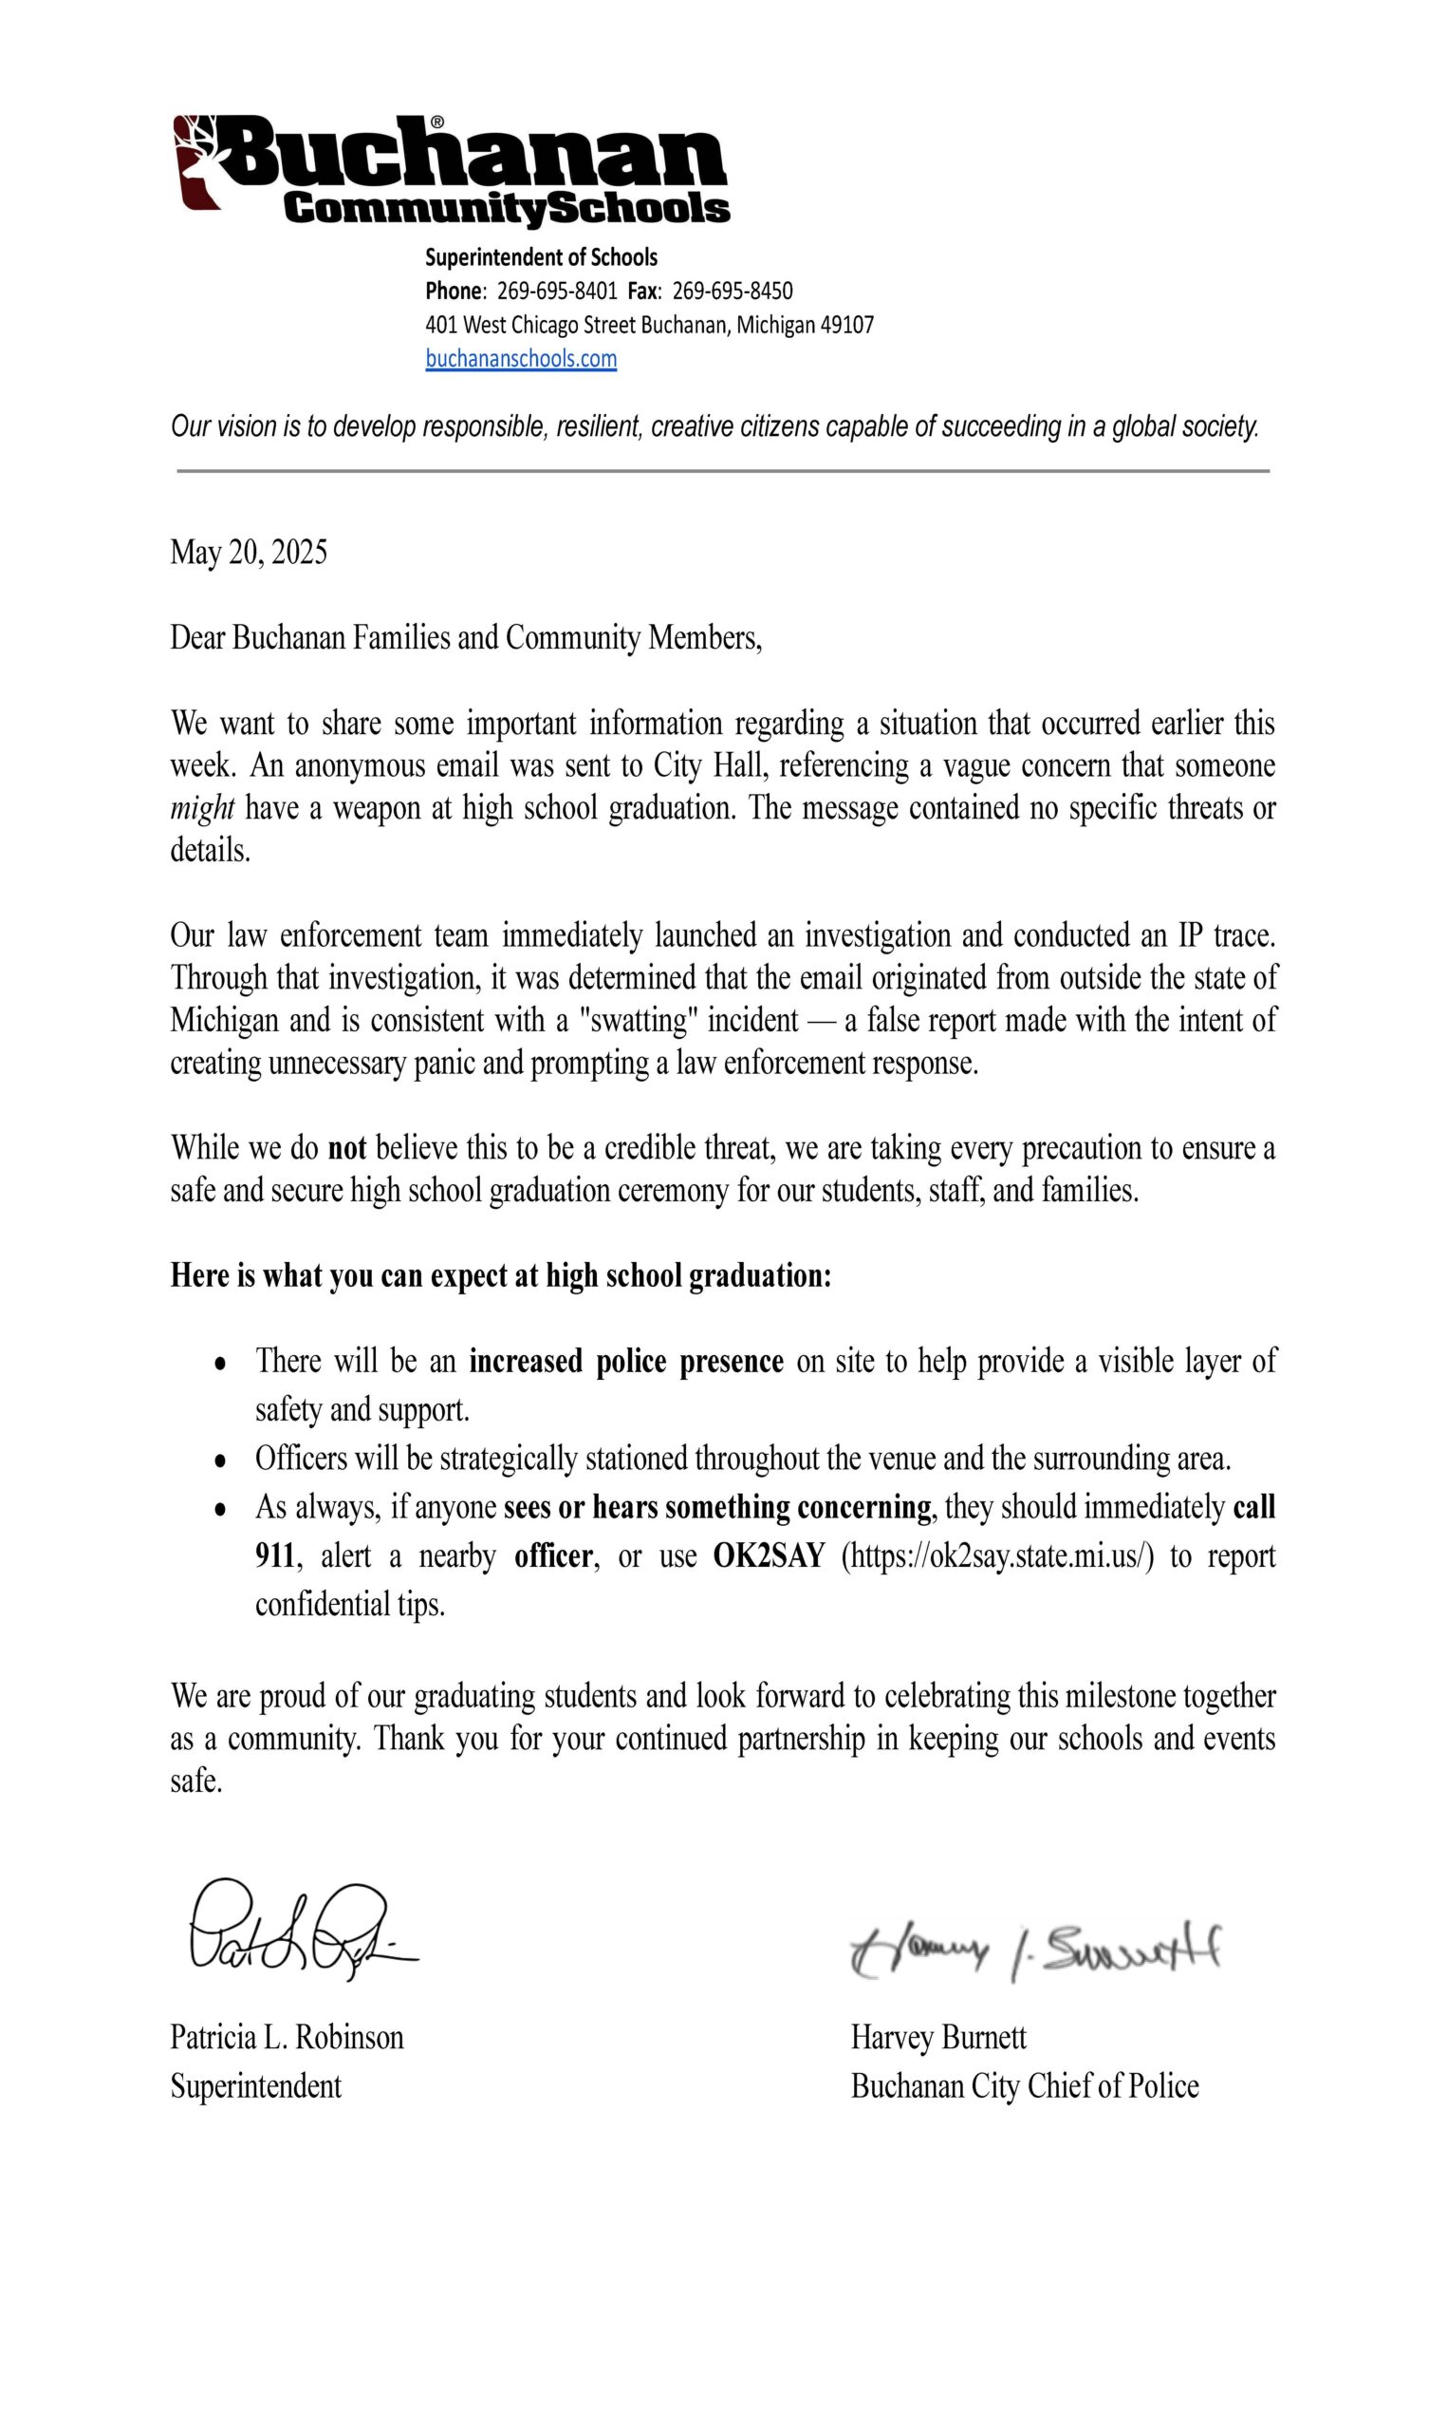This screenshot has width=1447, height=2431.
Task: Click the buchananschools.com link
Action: pyautogui.click(x=521, y=359)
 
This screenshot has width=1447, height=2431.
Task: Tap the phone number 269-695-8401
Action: pyautogui.click(x=557, y=291)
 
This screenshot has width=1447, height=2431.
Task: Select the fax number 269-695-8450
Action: pyautogui.click(x=733, y=291)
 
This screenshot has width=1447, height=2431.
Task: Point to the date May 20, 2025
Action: pyautogui.click(x=249, y=552)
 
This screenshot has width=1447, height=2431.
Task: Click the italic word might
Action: pyautogui.click(x=202, y=808)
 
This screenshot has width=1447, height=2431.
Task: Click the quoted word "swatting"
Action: pyautogui.click(x=638, y=1021)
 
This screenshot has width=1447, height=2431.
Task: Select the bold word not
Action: pyautogui.click(x=347, y=1147)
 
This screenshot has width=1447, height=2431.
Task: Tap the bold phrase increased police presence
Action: pyautogui.click(x=626, y=1361)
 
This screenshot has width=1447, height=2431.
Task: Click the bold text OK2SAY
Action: pyautogui.click(x=770, y=1555)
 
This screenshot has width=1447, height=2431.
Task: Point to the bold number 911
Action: pyautogui.click(x=275, y=1555)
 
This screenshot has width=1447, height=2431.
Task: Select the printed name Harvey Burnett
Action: pyautogui.click(x=938, y=2037)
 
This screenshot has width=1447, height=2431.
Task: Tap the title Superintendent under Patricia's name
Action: pyautogui.click(x=255, y=2085)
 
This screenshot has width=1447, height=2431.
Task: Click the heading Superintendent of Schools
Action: pyautogui.click(x=541, y=257)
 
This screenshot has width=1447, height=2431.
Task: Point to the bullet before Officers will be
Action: pyautogui.click(x=221, y=1460)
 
